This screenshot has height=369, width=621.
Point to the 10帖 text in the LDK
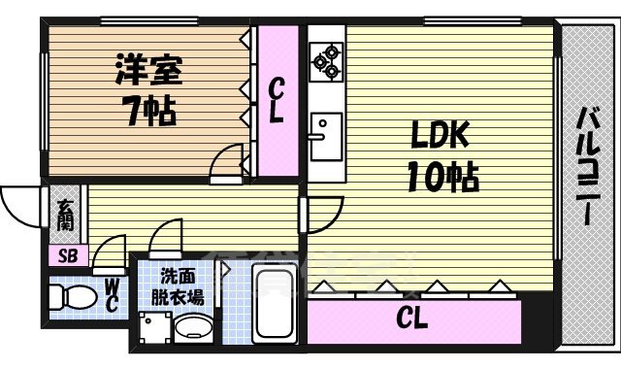(x=441, y=177)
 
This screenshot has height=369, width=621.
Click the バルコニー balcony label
(x=588, y=166)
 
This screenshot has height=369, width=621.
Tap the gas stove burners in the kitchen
(x=324, y=60)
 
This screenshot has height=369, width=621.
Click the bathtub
(x=276, y=303)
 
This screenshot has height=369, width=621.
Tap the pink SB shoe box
(x=67, y=256)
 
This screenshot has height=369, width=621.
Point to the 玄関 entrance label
(x=64, y=215)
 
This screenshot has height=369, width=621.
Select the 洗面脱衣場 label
(x=181, y=287)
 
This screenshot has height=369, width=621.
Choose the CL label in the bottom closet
(x=412, y=318)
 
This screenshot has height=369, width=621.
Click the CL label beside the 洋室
(x=277, y=101)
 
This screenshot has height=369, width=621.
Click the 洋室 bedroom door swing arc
(x=229, y=159)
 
